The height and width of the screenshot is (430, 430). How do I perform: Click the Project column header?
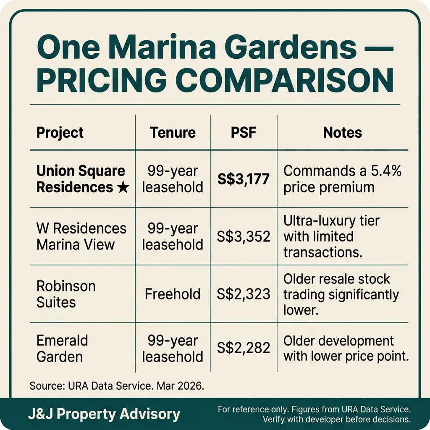click(x=60, y=133)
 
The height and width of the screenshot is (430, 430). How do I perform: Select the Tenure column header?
click(x=173, y=133)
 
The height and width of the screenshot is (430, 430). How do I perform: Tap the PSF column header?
click(x=244, y=133)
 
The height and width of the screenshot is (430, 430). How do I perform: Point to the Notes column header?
click(x=342, y=133)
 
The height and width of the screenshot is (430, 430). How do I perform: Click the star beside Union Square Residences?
click(x=123, y=187)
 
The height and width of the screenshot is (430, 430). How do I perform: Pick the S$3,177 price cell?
click(x=244, y=179)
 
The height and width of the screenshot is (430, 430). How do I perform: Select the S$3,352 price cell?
click(x=244, y=236)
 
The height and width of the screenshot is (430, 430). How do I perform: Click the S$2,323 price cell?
click(x=244, y=294)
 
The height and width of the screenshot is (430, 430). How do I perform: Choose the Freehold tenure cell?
click(x=173, y=294)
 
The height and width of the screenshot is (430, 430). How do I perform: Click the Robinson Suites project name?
click(x=66, y=294)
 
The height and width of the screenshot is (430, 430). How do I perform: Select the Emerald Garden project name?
click(x=62, y=348)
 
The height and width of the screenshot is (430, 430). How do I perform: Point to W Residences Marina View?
click(x=81, y=236)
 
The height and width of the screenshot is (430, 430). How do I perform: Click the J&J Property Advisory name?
click(x=104, y=414)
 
